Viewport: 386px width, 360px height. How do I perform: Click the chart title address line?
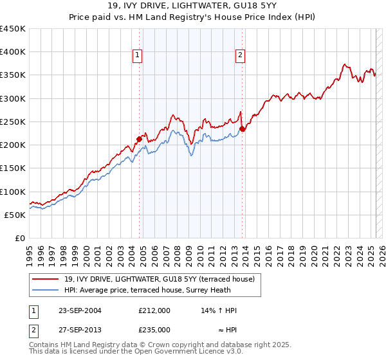[192, 6]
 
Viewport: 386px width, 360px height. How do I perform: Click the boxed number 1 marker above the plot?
[138, 56]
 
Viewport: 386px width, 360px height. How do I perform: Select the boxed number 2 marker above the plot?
[240, 56]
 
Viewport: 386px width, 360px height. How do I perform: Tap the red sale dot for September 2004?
[139, 138]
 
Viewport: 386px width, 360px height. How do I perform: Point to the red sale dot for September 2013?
[243, 129]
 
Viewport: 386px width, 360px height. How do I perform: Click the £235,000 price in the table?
[154, 330]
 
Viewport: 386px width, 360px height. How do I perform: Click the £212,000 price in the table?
[154, 310]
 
